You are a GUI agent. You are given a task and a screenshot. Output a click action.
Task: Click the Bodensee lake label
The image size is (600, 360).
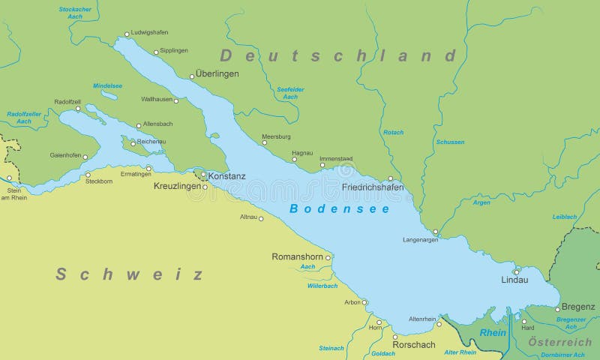pos(339,208)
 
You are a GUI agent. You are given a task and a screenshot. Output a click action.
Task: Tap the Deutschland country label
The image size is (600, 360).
pos(337,55)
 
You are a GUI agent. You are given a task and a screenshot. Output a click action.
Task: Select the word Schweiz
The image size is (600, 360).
pos(129,274)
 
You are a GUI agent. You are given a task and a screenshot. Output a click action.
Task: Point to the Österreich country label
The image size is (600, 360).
pos(560,342)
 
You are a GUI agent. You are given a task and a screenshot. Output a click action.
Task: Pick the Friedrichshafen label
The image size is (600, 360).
pos(372,187)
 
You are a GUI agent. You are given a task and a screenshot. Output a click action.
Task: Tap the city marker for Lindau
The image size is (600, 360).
pos(516,271)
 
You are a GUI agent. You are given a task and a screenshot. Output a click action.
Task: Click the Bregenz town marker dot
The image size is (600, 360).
pos(557,308)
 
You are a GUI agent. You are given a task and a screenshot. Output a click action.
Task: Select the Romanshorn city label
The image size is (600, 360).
pos(297,256)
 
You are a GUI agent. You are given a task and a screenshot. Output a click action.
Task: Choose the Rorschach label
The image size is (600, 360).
pos(413,345)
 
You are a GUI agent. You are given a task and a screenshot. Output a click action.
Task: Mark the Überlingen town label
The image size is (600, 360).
pos(217,74)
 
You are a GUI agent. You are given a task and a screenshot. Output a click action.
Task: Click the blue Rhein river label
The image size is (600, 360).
pos(493,332)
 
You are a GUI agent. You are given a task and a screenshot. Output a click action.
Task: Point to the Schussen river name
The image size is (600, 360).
pos(450,142)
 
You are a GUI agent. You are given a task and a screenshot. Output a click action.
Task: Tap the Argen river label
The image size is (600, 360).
pos(481,202)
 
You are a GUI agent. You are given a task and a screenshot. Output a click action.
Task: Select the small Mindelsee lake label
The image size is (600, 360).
pos(107,85)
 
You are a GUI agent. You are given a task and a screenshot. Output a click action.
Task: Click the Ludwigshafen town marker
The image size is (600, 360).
pos(127,34)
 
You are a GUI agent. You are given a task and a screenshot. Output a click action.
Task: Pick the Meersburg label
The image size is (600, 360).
pos(275,136)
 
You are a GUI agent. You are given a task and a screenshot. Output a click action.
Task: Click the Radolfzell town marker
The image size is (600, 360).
pos(77,109)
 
